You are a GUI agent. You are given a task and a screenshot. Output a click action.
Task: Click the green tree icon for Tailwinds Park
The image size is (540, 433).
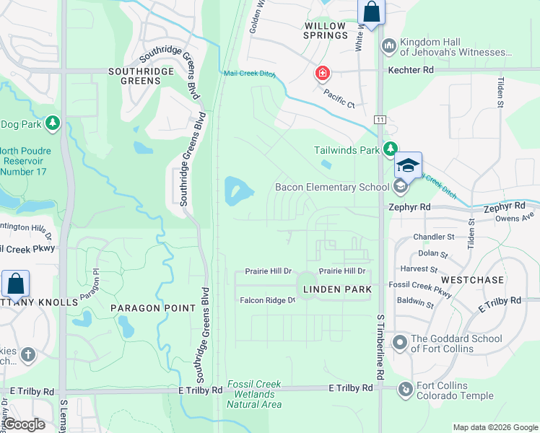[391, 149]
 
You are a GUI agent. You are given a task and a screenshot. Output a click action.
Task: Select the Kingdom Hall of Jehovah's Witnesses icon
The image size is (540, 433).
[389, 45]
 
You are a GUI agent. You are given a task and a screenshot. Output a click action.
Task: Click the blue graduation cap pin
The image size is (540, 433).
[408, 165]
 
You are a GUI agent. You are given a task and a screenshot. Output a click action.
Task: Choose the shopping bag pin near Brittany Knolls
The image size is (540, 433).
[15, 284]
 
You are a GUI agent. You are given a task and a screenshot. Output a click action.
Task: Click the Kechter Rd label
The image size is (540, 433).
[410, 70]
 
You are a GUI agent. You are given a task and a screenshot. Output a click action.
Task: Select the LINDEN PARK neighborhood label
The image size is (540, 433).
[336, 289]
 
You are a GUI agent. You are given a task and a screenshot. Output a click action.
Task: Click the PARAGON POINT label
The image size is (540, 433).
[153, 308]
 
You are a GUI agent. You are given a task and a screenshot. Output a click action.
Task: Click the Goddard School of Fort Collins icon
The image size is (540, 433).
[399, 341]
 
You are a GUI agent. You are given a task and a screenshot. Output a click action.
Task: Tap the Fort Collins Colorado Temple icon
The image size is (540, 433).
[406, 390]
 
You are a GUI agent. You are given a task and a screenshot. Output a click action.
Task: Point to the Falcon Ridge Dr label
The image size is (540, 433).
[267, 300]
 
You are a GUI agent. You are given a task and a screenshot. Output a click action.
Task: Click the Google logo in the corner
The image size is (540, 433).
[25, 425]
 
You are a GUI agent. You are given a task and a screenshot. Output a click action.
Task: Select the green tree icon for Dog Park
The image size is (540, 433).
[52, 124]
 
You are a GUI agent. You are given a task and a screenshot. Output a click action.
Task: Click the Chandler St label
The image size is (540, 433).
[433, 237]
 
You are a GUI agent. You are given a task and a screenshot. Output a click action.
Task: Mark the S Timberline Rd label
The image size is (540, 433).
[379, 346]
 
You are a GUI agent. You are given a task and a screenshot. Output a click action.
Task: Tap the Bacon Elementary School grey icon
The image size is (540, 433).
[399, 187]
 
